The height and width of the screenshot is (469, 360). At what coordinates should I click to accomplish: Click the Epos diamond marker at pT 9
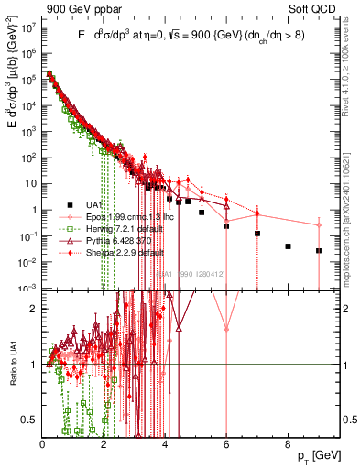[319, 225]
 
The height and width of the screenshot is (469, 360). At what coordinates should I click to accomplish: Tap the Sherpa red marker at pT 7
[257, 214]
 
